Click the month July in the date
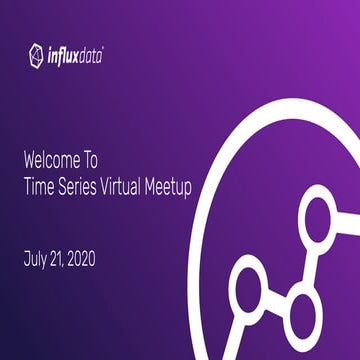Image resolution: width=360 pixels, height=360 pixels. point(35,259)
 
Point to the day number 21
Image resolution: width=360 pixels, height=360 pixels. point(61,259)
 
